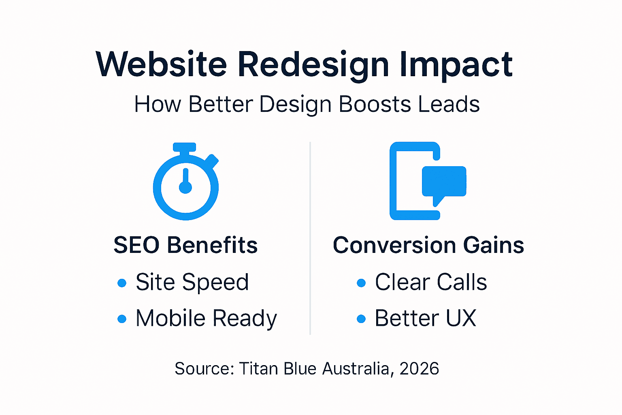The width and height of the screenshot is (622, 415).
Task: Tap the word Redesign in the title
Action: tap(313, 65)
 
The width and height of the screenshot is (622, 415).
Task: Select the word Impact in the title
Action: tap(456, 65)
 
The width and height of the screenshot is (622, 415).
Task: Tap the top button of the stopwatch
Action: tap(185, 147)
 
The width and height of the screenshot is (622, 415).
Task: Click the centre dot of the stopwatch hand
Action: tap(185, 188)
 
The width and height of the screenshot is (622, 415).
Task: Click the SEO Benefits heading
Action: tap(185, 245)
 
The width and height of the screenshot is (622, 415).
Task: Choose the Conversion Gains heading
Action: tap(428, 245)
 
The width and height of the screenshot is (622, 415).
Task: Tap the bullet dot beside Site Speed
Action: tap(122, 283)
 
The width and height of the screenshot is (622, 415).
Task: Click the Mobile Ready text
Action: tap(206, 319)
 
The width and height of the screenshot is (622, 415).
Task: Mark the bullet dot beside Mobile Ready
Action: tap(122, 319)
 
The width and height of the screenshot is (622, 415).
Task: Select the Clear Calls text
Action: tap(431, 282)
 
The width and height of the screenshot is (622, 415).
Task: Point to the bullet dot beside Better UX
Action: tap(361, 319)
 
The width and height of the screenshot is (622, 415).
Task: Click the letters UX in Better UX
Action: tap(461, 319)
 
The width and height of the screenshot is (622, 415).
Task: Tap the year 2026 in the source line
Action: tap(419, 369)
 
